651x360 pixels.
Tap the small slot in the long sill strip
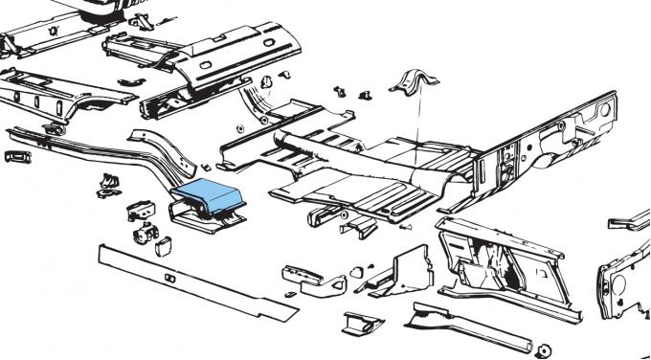pos(168,279)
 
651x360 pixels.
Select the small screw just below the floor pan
pos(406,228)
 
